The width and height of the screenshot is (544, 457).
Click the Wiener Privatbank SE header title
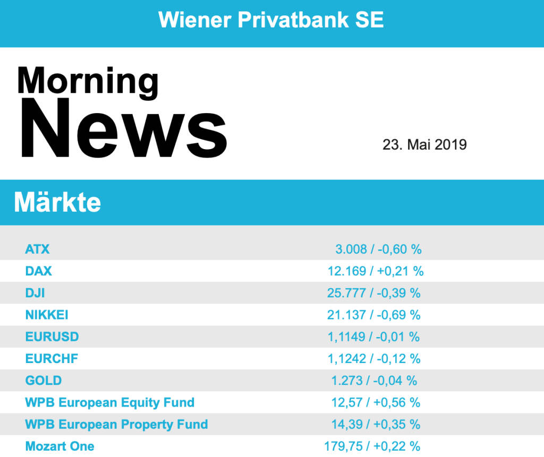tap(271, 20)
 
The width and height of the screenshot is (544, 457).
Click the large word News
tap(124, 129)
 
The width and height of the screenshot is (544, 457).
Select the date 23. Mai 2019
tap(424, 144)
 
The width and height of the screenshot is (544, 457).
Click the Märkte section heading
tap(57, 202)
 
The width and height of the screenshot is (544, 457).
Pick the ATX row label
tap(37, 249)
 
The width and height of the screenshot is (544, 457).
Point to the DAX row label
tap(39, 271)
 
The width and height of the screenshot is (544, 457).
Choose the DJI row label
tap(35, 293)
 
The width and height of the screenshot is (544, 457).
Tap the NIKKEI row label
tap(47, 315)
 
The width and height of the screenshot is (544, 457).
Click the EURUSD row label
tap(52, 337)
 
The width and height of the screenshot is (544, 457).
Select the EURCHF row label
tap(52, 359)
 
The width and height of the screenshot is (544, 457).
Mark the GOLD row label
tap(44, 381)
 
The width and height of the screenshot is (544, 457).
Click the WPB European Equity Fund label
tap(110, 402)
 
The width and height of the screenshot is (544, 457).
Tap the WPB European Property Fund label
tap(116, 425)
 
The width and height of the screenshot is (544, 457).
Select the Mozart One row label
tap(60, 446)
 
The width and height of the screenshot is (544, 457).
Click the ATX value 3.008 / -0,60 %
tap(378, 249)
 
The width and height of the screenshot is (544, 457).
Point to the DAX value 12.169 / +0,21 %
tap(375, 271)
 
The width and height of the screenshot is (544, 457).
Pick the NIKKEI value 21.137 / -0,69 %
tap(374, 315)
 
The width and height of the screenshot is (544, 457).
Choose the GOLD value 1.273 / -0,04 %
tap(374, 381)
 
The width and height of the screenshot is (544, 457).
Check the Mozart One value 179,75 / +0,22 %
tap(372, 446)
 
